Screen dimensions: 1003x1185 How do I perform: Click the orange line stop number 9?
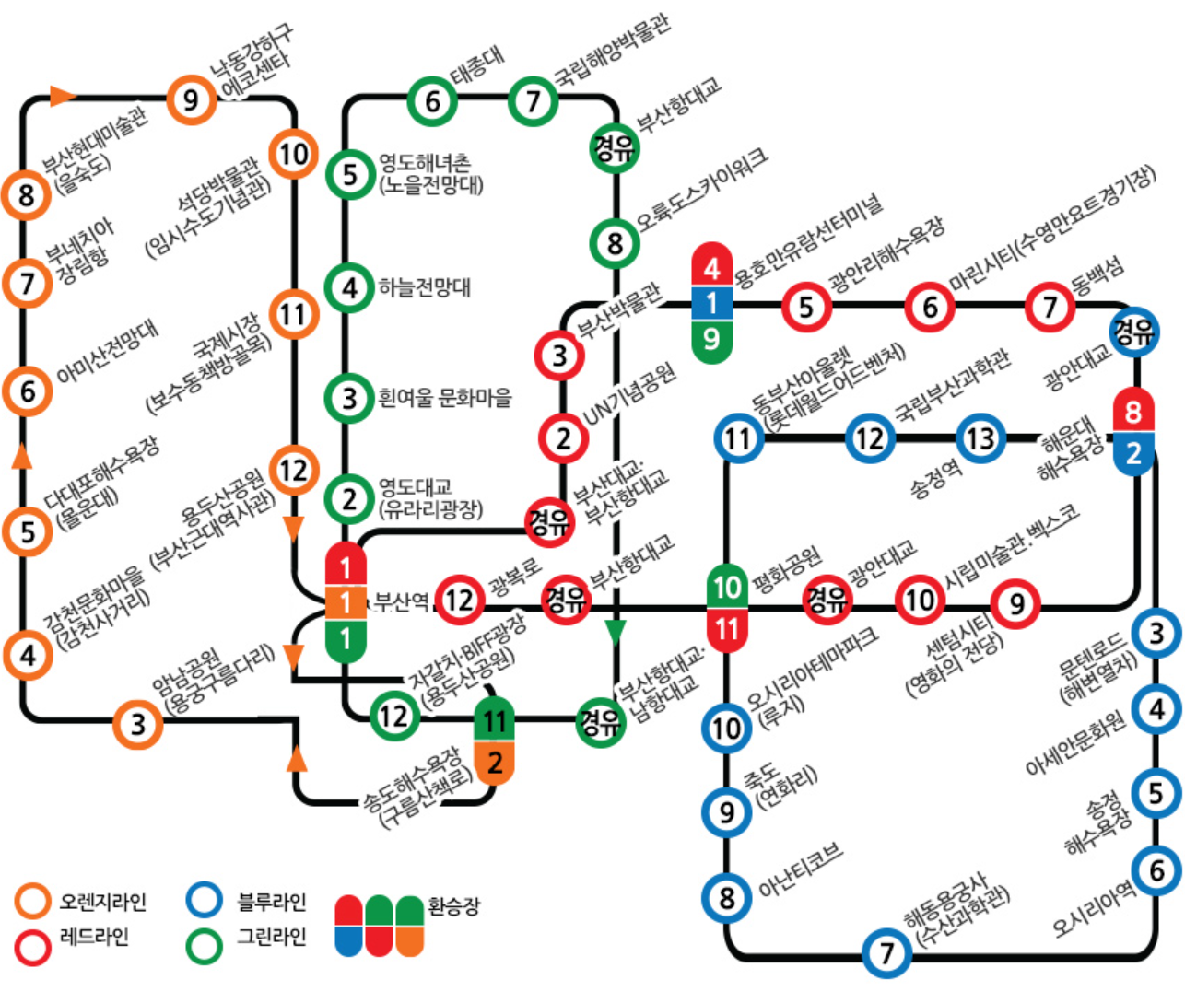(x=192, y=99)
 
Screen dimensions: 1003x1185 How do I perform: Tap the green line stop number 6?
(x=432, y=100)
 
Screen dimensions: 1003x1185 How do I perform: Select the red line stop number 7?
(x=1050, y=308)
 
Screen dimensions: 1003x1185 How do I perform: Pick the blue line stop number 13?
(x=980, y=438)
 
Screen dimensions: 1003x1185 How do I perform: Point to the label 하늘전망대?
(x=425, y=287)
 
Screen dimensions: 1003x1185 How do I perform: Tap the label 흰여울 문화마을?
(x=445, y=399)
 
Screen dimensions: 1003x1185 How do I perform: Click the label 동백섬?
(x=1097, y=274)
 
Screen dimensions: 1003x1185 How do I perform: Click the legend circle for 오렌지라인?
(x=33, y=901)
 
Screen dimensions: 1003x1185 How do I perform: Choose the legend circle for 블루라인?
(x=204, y=901)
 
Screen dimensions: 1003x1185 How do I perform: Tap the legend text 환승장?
(x=453, y=906)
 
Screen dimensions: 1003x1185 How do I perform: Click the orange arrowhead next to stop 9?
(x=62, y=96)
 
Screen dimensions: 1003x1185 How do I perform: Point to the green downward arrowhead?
(x=615, y=633)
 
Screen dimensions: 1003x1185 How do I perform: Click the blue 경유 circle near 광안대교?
(x=1134, y=331)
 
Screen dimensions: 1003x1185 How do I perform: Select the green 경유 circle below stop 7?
(x=614, y=147)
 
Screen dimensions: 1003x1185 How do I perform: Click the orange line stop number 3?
(x=138, y=724)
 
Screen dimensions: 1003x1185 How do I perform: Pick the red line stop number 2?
(x=562, y=438)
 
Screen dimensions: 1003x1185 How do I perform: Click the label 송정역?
(x=936, y=480)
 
